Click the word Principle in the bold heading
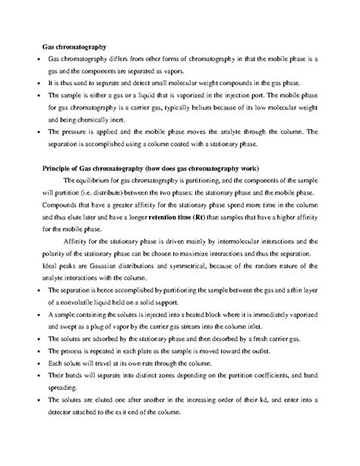click(56, 167)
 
